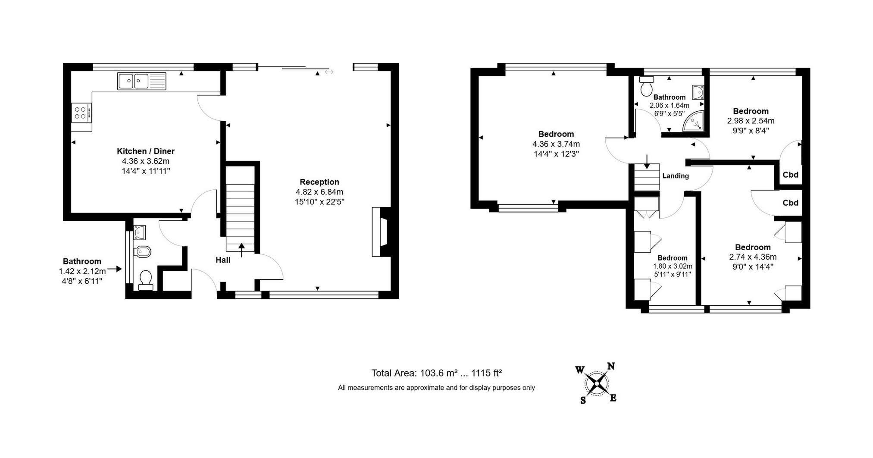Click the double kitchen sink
[x=141, y=81]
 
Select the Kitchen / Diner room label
[x=146, y=151]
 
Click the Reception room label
[x=319, y=182]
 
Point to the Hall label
[x=223, y=260]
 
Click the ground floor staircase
[x=240, y=218]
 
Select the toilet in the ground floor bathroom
[x=146, y=280]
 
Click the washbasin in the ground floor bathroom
[x=140, y=233]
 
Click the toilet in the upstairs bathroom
[x=647, y=86]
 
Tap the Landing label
[x=676, y=176]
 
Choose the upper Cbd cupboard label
[x=791, y=175]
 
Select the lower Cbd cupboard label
[x=791, y=203]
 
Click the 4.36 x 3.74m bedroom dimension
[x=556, y=144]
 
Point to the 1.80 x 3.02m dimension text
[x=673, y=266]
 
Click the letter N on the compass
[x=611, y=366]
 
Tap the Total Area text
[x=437, y=373]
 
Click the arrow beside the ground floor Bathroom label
[x=115, y=269]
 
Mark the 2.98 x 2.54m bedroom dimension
[x=751, y=121]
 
